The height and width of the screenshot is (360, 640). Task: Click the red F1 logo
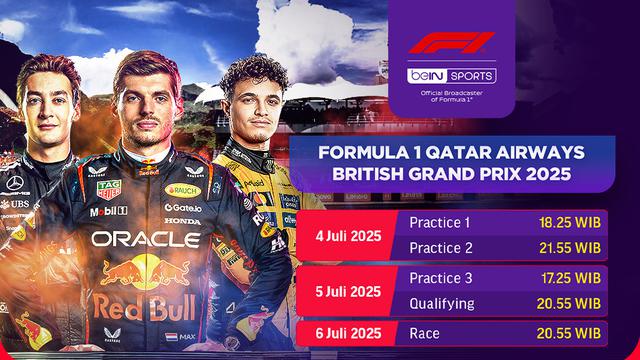452,46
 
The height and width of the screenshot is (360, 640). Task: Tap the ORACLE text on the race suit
146,240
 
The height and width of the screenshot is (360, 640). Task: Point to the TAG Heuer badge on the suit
109,189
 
